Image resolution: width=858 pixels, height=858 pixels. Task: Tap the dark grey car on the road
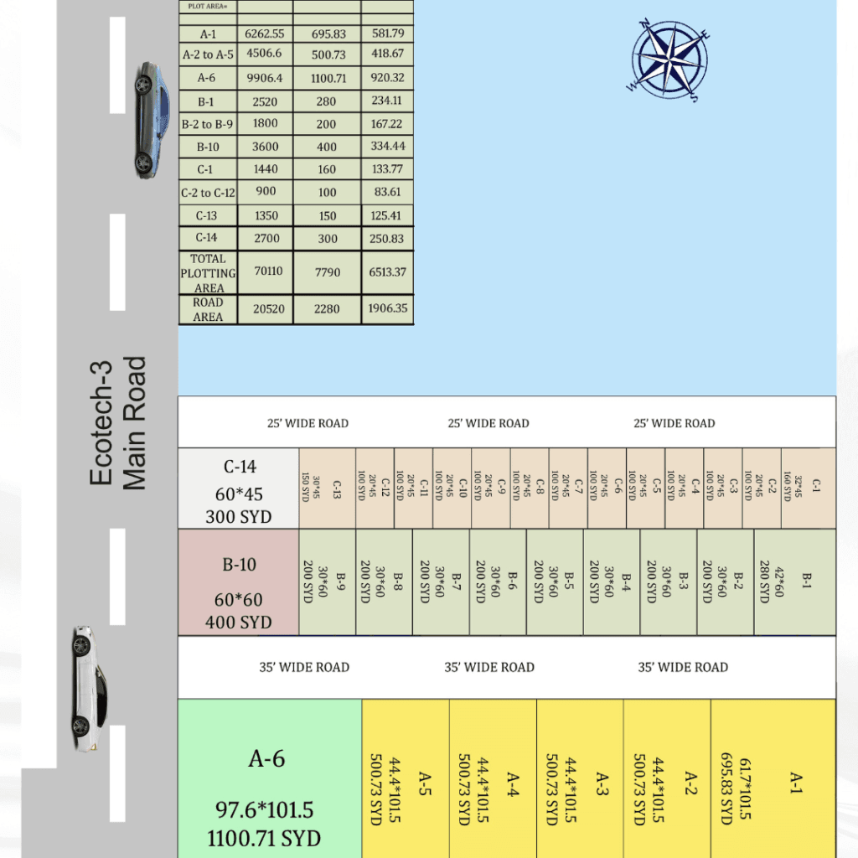pos(150,119)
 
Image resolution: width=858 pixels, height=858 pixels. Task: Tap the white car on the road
pos(88,687)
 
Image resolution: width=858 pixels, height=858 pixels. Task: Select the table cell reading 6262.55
pos(265,34)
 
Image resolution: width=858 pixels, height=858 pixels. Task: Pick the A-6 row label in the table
pos(208,79)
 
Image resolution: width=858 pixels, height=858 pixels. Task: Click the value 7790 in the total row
pos(327,273)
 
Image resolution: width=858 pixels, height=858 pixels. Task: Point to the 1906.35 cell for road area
pos(387,308)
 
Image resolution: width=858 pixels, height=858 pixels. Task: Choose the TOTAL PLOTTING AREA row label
pos(208,273)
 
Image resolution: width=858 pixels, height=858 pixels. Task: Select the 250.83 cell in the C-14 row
pos(387,238)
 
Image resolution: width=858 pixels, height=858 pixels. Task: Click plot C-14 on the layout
pos(239,488)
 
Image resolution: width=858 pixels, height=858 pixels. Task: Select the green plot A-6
pos(269,779)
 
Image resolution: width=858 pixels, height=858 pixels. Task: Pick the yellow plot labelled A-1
pos(773,779)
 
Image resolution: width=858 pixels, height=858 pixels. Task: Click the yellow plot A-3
pos(580,779)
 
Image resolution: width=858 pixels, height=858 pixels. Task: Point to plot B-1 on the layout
pos(794,582)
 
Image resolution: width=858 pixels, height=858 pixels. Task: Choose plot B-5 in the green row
pos(555,582)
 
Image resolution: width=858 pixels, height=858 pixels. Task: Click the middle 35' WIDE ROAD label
pos(489,667)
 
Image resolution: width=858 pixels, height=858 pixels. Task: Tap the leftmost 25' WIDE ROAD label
pos(308,423)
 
